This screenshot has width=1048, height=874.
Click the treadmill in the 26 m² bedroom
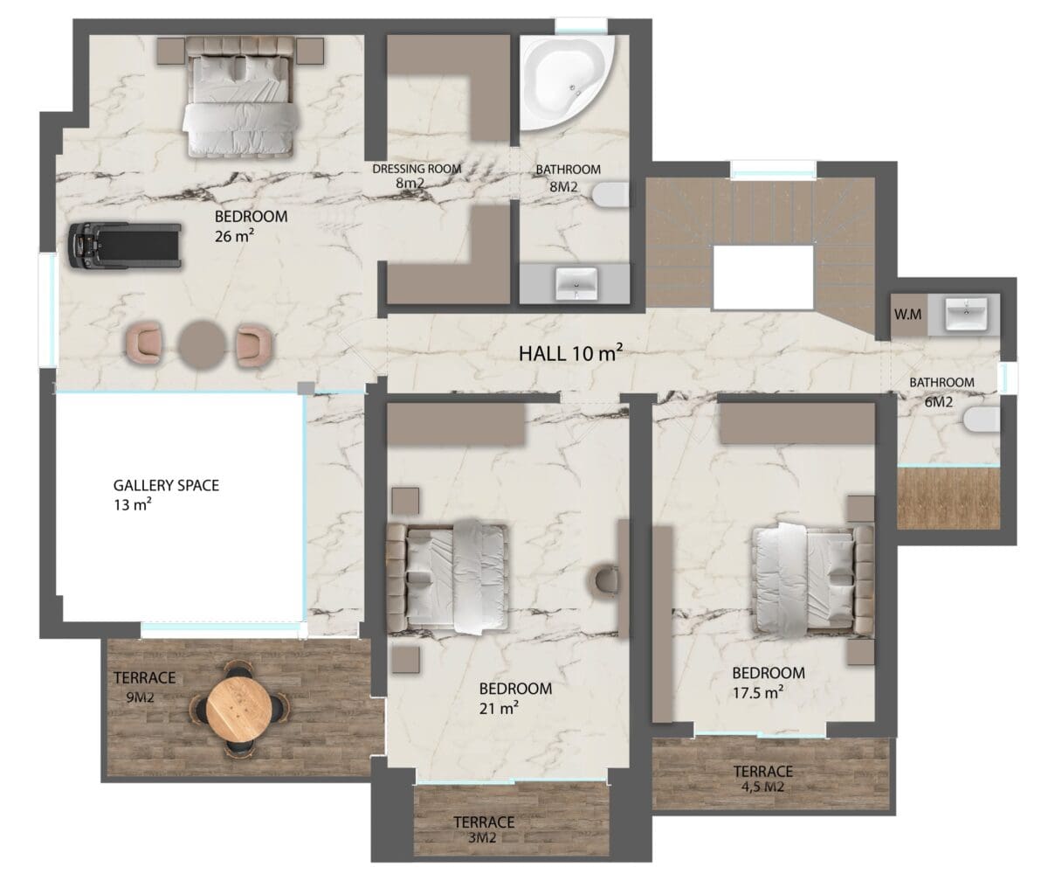(125, 246)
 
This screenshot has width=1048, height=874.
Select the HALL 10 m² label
(570, 353)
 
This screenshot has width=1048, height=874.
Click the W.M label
(908, 315)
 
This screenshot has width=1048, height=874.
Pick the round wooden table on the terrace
(239, 708)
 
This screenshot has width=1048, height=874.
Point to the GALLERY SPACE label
(166, 485)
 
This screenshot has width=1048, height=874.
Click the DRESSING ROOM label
(417, 169)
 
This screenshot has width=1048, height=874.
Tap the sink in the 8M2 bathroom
(576, 284)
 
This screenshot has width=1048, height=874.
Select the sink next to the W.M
(966, 314)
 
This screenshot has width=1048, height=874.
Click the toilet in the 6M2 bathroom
(982, 420)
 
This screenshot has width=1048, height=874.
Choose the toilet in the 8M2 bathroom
(610, 194)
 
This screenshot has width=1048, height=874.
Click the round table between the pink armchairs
(203, 346)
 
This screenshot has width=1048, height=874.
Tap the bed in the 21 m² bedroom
(446, 577)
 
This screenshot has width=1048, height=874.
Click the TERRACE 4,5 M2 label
(763, 779)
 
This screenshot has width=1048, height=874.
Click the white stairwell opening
(763, 277)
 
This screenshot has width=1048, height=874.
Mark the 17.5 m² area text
(758, 693)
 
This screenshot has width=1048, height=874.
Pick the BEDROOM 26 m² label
(251, 226)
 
